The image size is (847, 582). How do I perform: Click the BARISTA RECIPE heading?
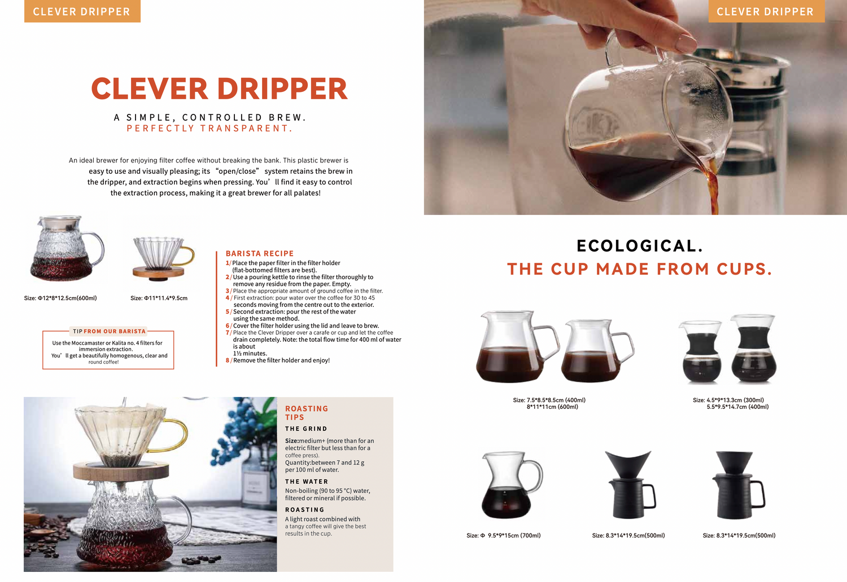coord(259,253)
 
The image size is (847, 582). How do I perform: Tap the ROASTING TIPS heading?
coord(306,413)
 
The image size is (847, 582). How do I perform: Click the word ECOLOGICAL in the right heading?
coord(640,246)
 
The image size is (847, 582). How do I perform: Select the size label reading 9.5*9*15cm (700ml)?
coord(514,535)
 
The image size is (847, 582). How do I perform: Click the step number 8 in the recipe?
coord(227,360)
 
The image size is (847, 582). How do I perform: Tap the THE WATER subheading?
coord(306,482)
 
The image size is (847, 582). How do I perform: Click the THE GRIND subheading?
coord(306,429)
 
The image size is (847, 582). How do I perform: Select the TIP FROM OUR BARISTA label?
coord(110,331)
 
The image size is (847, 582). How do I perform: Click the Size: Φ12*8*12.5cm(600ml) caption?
coord(60,298)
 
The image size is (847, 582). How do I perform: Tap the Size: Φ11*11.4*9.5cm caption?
coord(159,298)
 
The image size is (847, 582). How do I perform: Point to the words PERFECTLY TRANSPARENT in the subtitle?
coord(209,129)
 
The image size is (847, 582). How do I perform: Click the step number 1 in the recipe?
coord(227,263)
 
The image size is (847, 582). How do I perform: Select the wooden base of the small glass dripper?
coord(159,272)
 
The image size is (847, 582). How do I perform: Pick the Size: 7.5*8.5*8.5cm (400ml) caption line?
coord(549,400)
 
